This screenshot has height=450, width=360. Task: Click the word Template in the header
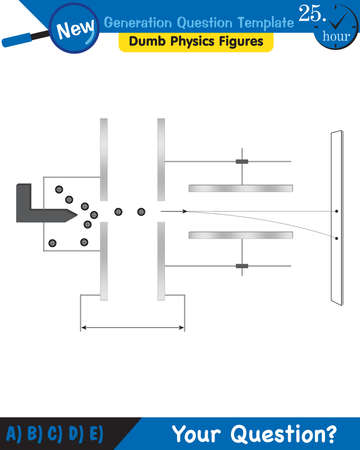pyautogui.click(x=251, y=21)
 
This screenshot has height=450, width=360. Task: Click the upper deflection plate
pyautogui.click(x=240, y=188)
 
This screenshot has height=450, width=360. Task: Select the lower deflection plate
pyautogui.click(x=240, y=235)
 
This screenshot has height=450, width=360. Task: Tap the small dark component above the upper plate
pyautogui.click(x=241, y=161)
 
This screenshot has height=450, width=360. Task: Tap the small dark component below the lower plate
pyautogui.click(x=241, y=267)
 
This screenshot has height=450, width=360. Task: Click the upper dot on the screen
pyautogui.click(x=337, y=211)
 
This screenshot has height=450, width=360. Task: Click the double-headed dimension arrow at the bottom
pyautogui.click(x=131, y=327)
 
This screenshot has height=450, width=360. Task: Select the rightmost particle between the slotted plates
pyautogui.click(x=141, y=211)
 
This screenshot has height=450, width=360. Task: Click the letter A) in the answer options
pyautogui.click(x=14, y=433)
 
